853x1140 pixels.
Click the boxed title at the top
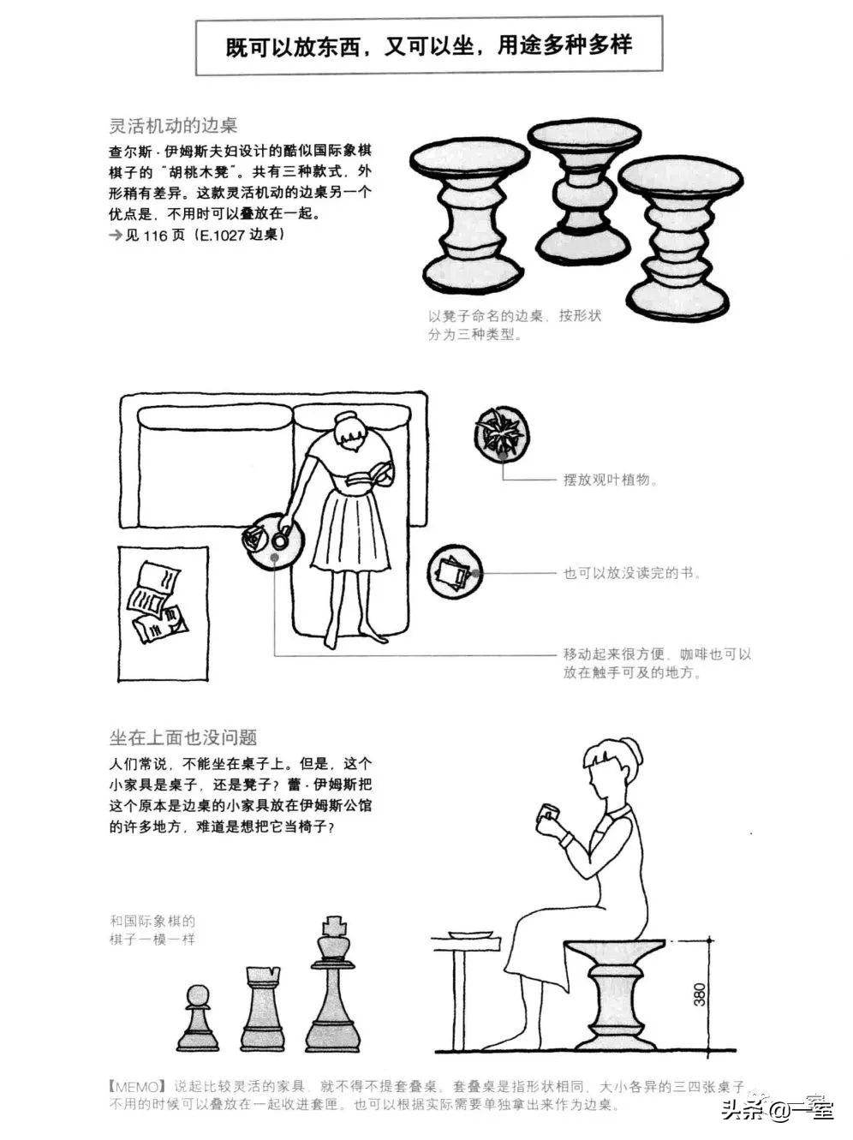pos(428,45)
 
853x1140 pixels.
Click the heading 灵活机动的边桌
pos(173,125)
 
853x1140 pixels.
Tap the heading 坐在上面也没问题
pos(183,737)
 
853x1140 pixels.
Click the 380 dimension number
pos(700,993)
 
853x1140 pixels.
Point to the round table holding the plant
pos(501,434)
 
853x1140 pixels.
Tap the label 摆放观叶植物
pos(610,480)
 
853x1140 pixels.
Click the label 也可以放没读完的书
pos(632,573)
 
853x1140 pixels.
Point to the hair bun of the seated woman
pos(631,752)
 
